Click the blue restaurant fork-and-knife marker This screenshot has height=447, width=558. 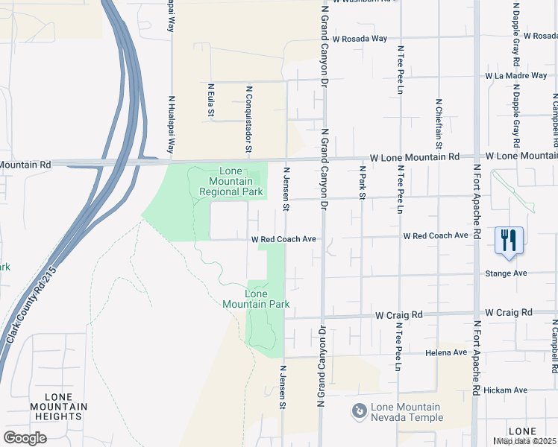[509, 241]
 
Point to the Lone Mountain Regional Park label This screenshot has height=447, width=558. [232, 182]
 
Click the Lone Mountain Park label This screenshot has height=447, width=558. [256, 299]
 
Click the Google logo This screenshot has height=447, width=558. [25, 438]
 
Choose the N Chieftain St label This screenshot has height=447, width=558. [439, 123]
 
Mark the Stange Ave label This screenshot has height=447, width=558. [506, 273]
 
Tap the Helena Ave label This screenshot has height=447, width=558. [445, 352]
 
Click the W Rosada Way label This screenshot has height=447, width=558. [360, 39]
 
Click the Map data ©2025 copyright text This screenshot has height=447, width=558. [527, 441]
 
